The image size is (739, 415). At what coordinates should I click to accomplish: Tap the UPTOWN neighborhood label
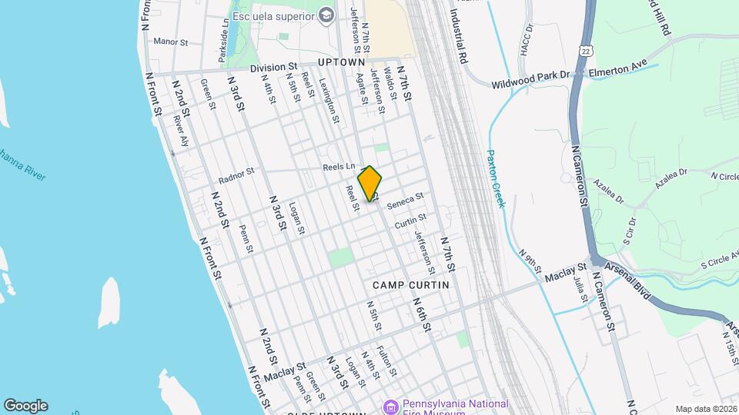pyautogui.click(x=340, y=61)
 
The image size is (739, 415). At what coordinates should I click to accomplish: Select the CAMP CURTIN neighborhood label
pyautogui.click(x=410, y=284)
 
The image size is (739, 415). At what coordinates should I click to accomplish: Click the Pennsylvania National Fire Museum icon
pyautogui.click(x=391, y=405)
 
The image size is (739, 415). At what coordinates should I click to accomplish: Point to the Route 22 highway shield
pyautogui.click(x=587, y=50)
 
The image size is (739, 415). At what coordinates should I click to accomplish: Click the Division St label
pyautogui.click(x=272, y=68)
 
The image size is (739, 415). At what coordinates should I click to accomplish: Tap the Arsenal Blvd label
pyautogui.click(x=630, y=280)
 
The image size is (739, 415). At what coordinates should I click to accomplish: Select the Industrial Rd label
pyautogui.click(x=457, y=35)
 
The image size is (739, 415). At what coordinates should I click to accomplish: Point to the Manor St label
pyautogui.click(x=171, y=41)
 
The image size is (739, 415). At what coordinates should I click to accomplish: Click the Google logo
pyautogui.click(x=26, y=405)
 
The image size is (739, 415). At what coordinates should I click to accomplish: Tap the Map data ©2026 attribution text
pyautogui.click(x=705, y=409)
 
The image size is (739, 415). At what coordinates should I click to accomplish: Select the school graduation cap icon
pyautogui.click(x=326, y=15)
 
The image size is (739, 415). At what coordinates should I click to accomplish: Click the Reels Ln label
pyautogui.click(x=339, y=167)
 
